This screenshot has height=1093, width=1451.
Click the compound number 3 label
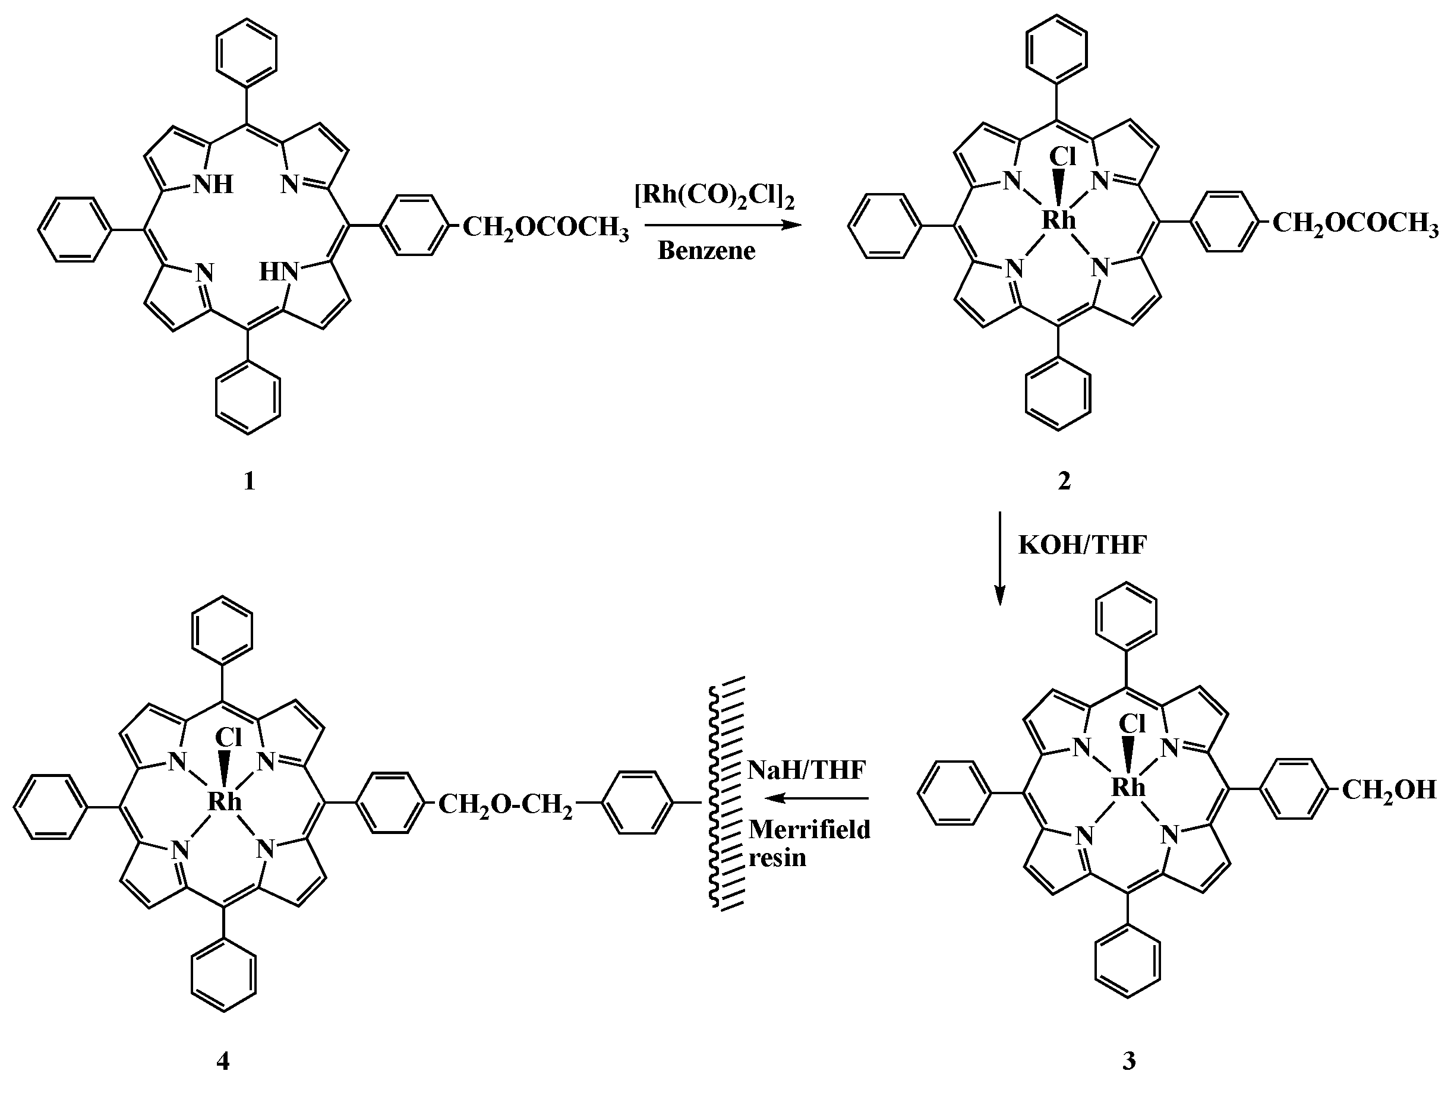point(1128,1060)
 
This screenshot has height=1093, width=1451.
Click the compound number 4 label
point(223,1061)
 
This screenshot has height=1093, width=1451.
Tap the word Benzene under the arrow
point(706,251)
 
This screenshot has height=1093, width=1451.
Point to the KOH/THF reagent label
point(1083,545)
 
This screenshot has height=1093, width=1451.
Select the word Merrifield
point(809,830)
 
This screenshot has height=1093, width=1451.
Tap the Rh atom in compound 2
point(1059,220)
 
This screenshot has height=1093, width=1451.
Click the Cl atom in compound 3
point(1131,724)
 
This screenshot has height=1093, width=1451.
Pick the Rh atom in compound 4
point(225,801)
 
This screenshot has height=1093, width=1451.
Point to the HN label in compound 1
point(278,271)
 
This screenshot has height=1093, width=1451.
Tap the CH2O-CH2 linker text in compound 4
point(504,804)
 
